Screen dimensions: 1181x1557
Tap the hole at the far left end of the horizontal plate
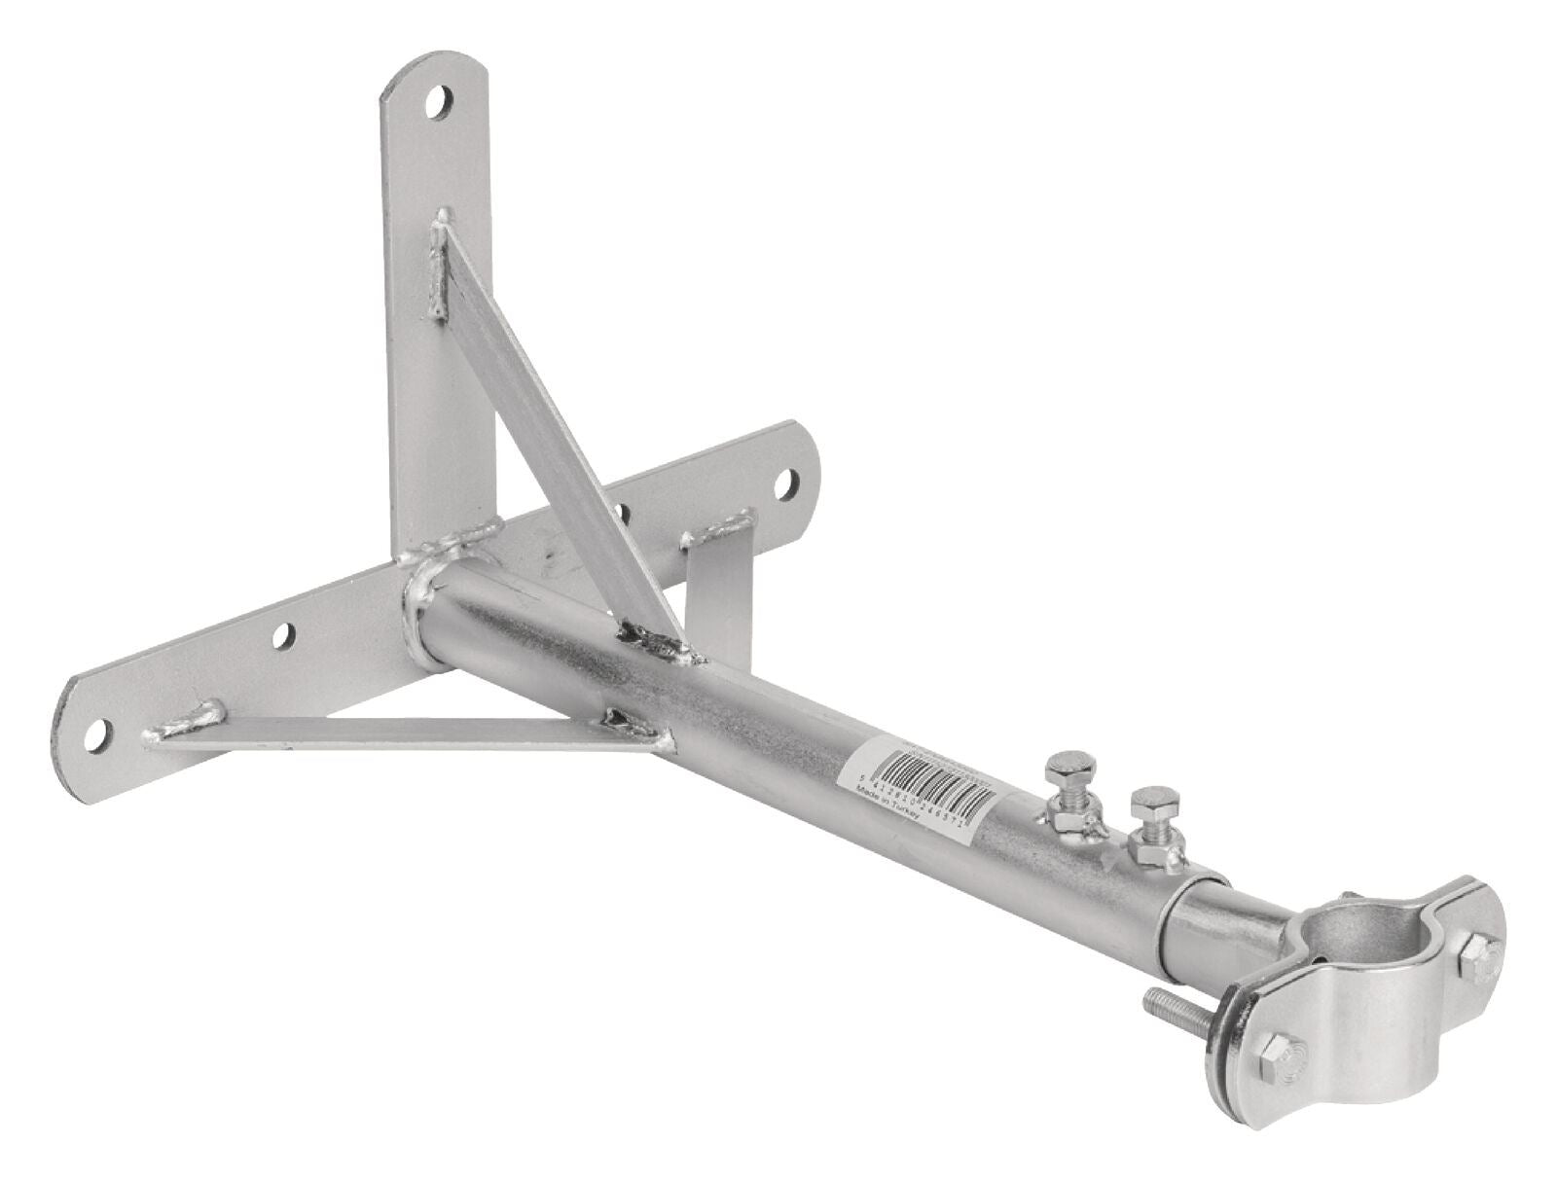(98, 736)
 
